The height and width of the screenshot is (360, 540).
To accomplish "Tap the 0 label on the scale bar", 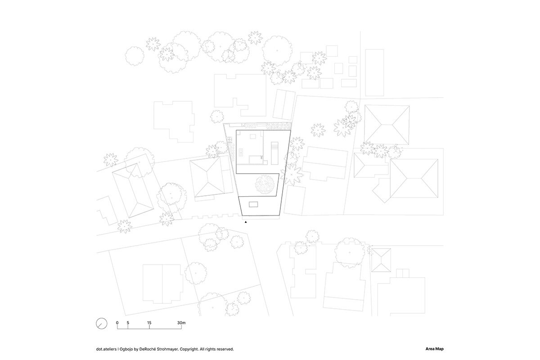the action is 117,323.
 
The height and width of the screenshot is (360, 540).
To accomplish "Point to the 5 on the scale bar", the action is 128,323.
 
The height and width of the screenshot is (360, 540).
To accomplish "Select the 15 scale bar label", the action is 149,323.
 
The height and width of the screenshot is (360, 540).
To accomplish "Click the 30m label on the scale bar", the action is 181,323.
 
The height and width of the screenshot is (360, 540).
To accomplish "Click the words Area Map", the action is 434,349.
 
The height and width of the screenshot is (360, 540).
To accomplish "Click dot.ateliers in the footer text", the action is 105,349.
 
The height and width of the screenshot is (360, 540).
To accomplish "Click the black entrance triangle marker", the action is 246,222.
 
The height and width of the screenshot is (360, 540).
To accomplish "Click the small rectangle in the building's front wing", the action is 253,205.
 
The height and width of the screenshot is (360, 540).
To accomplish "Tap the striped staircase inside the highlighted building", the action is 273,152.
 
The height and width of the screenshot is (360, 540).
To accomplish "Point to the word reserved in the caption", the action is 225,349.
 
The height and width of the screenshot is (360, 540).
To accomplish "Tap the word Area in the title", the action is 429,349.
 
